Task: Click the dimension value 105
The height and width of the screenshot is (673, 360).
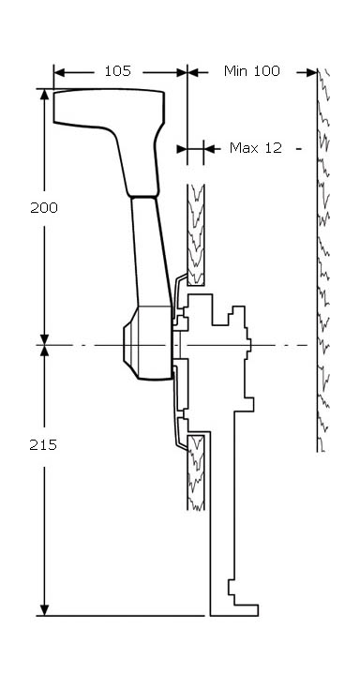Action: pyautogui.click(x=117, y=71)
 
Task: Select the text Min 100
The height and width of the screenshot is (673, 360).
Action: pyautogui.click(x=252, y=71)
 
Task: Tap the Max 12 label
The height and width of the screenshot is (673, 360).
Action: pyautogui.click(x=256, y=148)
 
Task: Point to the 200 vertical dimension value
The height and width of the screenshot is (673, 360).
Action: pyautogui.click(x=44, y=208)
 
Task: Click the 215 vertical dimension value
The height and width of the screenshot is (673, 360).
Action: pyautogui.click(x=43, y=445)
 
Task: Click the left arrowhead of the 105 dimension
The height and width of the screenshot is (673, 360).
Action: pyautogui.click(x=59, y=72)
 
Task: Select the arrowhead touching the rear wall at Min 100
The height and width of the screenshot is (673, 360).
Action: pyautogui.click(x=312, y=72)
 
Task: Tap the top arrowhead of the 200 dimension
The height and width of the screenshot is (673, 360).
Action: pyautogui.click(x=44, y=95)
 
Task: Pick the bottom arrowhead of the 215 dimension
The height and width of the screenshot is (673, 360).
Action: pyautogui.click(x=44, y=610)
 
